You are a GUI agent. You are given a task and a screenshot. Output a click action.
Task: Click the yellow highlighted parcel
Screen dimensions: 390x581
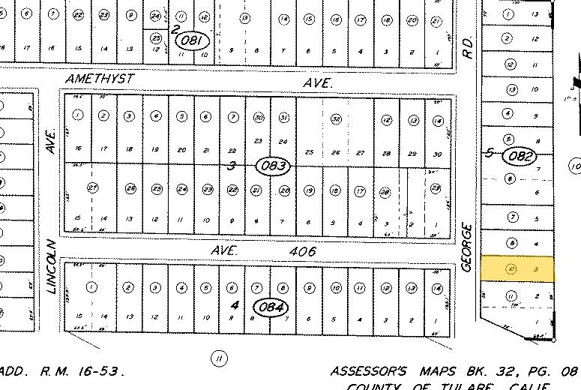click(517, 268)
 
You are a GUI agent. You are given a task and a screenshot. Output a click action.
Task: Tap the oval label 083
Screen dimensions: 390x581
click(272, 166)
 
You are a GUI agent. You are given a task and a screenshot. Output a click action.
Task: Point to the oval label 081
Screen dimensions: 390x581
click(191, 41)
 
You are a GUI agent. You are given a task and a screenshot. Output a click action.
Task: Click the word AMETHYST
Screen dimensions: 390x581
click(99, 78)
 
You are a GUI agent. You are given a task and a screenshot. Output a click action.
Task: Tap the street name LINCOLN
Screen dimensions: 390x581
click(51, 267)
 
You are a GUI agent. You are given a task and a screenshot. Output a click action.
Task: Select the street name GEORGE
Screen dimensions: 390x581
click(467, 247)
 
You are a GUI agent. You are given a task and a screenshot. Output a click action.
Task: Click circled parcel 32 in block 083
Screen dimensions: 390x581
click(336, 119)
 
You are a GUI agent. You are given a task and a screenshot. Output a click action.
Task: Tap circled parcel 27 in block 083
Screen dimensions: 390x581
click(93, 187)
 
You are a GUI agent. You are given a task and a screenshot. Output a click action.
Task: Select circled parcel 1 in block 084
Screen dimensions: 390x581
click(92, 286)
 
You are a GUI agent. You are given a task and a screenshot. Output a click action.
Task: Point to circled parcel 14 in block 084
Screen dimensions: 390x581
click(438, 288)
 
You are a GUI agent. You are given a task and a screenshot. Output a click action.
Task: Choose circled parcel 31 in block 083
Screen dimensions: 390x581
click(283, 117)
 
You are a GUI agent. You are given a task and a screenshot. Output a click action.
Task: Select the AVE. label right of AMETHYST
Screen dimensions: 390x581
click(319, 84)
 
